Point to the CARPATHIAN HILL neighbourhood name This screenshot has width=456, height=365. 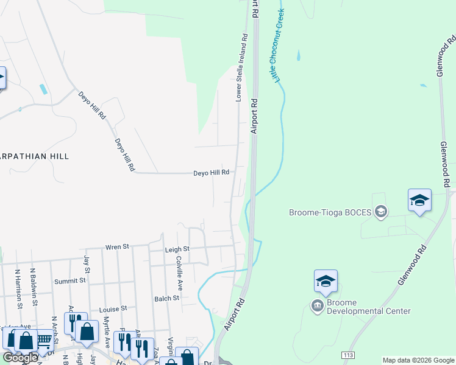pos(33,156)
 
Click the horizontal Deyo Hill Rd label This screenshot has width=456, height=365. pos(211,173)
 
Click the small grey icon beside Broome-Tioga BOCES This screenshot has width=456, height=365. pos(381,212)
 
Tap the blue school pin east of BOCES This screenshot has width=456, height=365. pos(419,201)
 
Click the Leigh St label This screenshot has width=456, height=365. pos(177,249)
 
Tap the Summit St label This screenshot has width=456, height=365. pos(70,281)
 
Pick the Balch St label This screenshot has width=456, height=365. pos(166,299)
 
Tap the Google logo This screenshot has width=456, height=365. pos(20,358)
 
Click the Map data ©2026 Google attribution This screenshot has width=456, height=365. pos(418,361)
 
